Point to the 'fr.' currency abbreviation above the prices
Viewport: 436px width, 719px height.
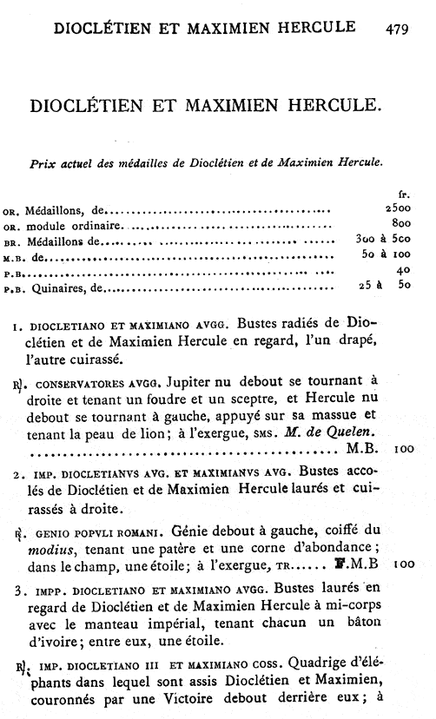414,195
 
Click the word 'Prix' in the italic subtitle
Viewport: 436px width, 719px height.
46,162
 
